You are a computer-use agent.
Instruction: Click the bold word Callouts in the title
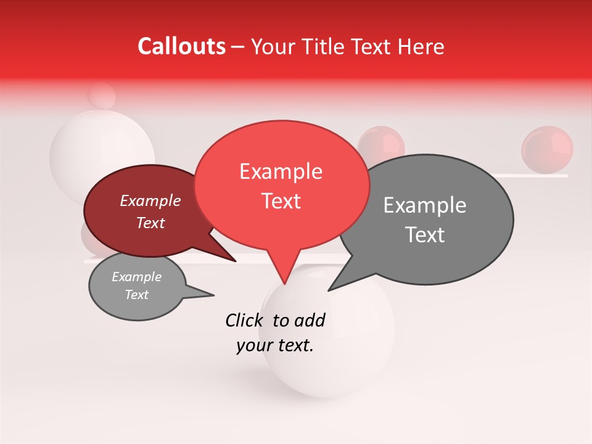(x=181, y=46)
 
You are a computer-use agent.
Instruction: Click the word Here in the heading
(x=422, y=47)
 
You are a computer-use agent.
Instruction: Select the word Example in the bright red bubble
(x=281, y=171)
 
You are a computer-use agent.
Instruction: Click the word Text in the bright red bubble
(x=281, y=200)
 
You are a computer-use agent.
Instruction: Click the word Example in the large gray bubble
(x=425, y=205)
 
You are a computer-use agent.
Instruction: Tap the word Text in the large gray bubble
(x=425, y=235)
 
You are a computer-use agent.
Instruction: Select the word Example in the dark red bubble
(x=150, y=200)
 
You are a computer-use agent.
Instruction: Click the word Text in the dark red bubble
(x=150, y=223)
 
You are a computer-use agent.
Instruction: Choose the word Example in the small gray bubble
(x=136, y=277)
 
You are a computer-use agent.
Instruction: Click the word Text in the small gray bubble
(x=136, y=295)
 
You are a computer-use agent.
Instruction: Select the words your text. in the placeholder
(x=275, y=346)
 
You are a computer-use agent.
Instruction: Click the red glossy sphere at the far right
(x=547, y=149)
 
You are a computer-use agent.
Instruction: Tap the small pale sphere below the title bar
(x=102, y=96)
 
